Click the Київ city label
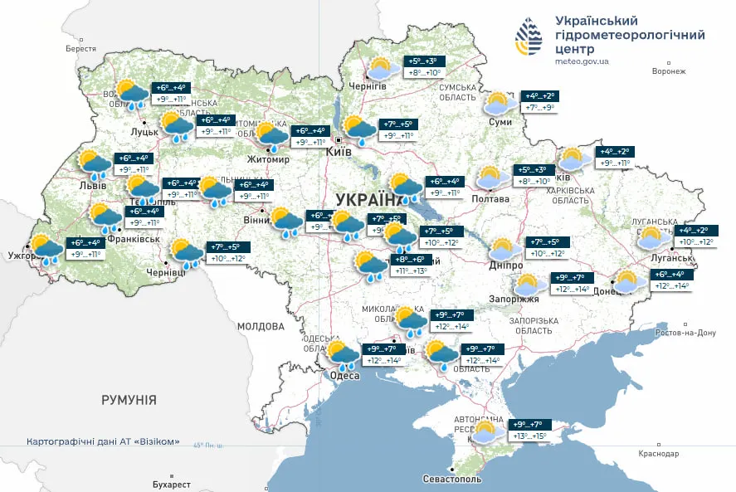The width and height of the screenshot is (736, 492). pos(339,153)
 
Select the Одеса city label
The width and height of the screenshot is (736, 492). pos(344,375)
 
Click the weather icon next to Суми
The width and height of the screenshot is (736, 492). pos(498,104)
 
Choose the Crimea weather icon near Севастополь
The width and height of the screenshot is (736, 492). pos(487,431)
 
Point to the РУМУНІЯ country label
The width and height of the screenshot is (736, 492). pos(129,400)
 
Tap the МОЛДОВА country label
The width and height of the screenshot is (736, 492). pos(261,326)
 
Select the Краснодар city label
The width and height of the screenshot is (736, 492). pos(659,454)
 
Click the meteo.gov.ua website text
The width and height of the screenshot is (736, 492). pos(582,61)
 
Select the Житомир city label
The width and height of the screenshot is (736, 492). pos(268,159)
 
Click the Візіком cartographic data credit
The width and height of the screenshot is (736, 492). pos(104,441)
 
